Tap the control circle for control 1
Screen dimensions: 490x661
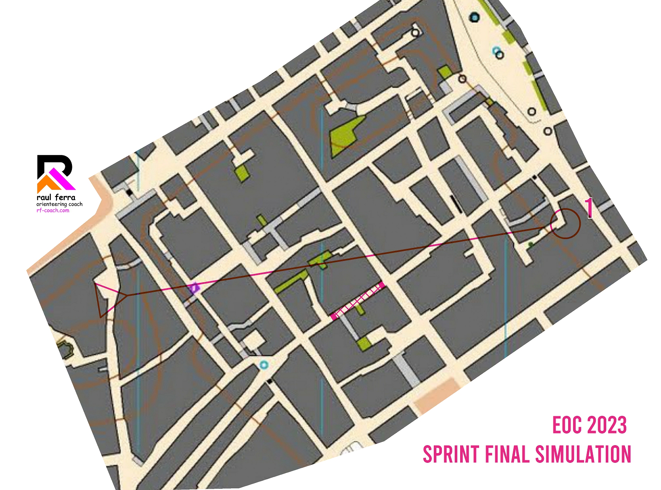tap(565, 224)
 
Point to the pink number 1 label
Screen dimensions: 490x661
tap(589, 208)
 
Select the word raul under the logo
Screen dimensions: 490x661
tap(45, 197)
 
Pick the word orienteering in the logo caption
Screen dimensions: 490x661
tap(51, 204)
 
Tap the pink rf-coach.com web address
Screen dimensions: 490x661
tap(53, 210)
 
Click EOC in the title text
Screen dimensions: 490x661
tap(567, 426)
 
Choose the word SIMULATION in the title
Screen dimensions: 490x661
tap(583, 454)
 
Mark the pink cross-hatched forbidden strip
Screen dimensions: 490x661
tap(358, 301)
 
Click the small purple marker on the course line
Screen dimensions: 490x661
tap(194, 288)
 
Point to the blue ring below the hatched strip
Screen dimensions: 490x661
tap(263, 365)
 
